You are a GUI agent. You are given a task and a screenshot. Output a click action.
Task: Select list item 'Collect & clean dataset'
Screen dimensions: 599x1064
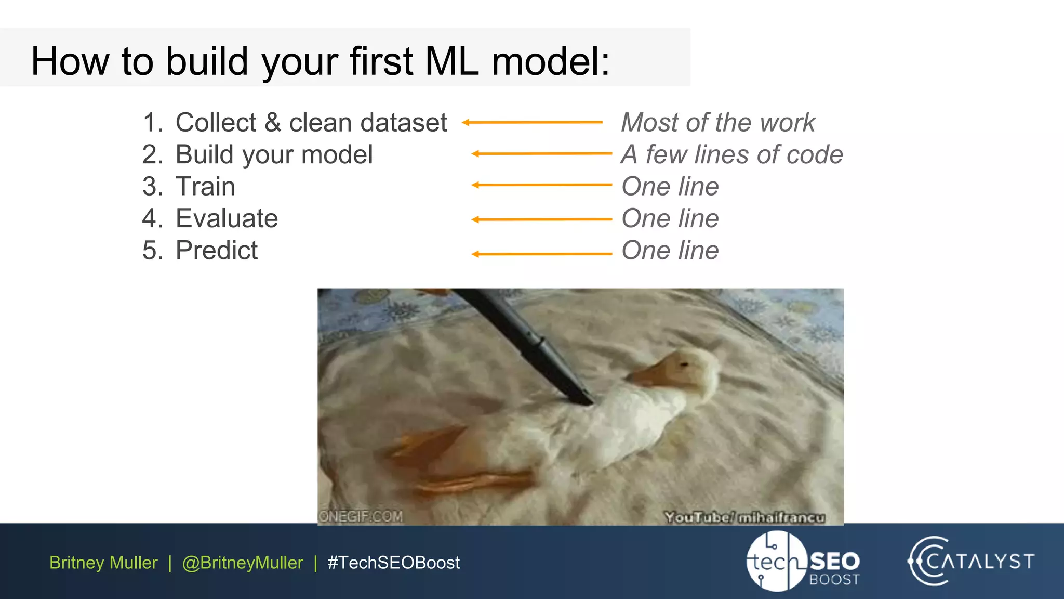[311, 123]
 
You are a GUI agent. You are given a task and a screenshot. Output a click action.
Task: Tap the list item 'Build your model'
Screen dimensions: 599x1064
[274, 155]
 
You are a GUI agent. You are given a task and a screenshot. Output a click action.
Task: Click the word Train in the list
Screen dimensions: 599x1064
[205, 187]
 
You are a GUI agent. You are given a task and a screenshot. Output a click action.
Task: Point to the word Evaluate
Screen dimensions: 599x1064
[227, 218]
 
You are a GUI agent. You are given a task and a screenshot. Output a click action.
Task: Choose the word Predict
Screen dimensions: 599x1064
[216, 251]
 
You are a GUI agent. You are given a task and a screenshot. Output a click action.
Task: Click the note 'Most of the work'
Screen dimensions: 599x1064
[718, 123]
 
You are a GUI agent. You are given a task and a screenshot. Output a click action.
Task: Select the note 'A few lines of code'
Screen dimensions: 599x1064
[731, 155]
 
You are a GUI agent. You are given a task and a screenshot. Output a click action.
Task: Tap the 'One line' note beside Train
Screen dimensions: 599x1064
[670, 187]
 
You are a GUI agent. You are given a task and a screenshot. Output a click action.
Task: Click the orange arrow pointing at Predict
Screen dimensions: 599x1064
[541, 254]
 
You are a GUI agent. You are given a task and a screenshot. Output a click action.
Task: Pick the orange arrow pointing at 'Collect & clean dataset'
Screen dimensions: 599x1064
[532, 122]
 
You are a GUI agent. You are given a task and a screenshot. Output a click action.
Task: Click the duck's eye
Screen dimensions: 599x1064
[684, 365]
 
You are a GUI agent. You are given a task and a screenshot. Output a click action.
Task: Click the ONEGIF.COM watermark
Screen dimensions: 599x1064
[361, 516]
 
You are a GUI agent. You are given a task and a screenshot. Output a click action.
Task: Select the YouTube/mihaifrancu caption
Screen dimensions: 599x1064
[744, 517]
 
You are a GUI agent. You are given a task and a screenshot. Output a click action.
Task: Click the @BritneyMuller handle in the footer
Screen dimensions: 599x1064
[243, 563]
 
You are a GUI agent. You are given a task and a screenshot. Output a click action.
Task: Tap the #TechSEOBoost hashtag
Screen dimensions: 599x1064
[393, 563]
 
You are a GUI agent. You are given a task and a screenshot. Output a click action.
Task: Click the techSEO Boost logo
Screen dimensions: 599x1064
[803, 562]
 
